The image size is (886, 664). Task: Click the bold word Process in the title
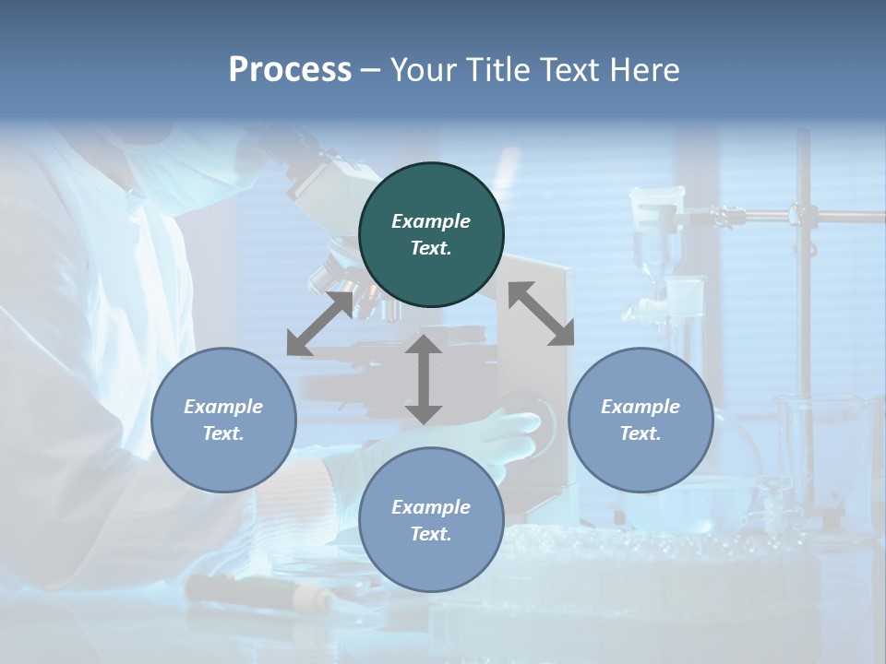click(x=290, y=69)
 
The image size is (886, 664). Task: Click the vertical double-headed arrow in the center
click(x=424, y=379)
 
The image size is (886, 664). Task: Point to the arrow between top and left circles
click(x=320, y=324)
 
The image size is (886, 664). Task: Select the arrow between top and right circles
click(x=541, y=314)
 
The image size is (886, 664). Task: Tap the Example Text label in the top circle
click(x=431, y=234)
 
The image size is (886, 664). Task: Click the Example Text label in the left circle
click(x=223, y=420)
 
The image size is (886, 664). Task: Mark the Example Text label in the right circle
click(x=641, y=420)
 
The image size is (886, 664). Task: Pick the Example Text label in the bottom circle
click(x=431, y=520)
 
